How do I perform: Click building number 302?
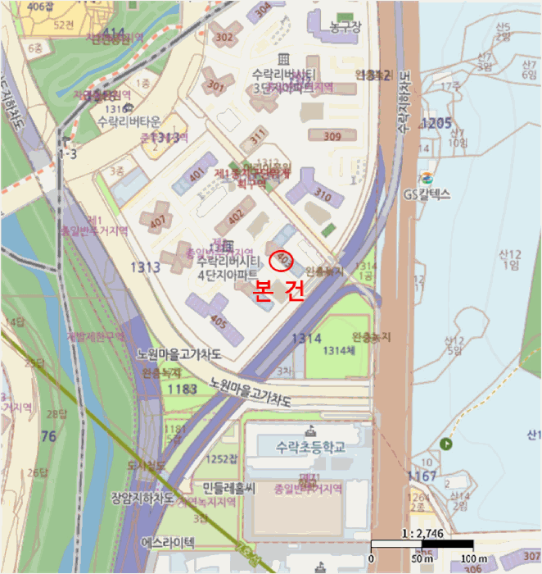tap(223, 37)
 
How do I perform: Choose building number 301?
tap(216, 85)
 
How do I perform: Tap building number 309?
tap(332, 136)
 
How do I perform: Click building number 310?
tap(323, 196)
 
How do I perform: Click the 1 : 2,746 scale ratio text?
tap(422, 533)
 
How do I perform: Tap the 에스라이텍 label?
tap(168, 542)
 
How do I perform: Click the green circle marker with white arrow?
tap(446, 444)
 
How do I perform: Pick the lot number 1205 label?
tap(436, 123)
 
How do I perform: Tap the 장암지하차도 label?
tap(142, 497)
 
